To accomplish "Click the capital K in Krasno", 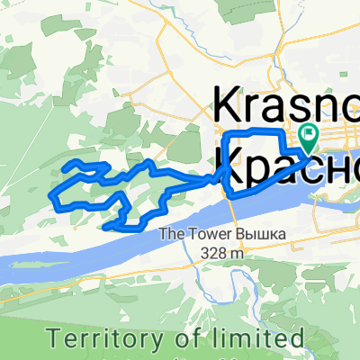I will click(x=227, y=107).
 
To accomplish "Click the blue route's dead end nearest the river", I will click(x=107, y=228).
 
